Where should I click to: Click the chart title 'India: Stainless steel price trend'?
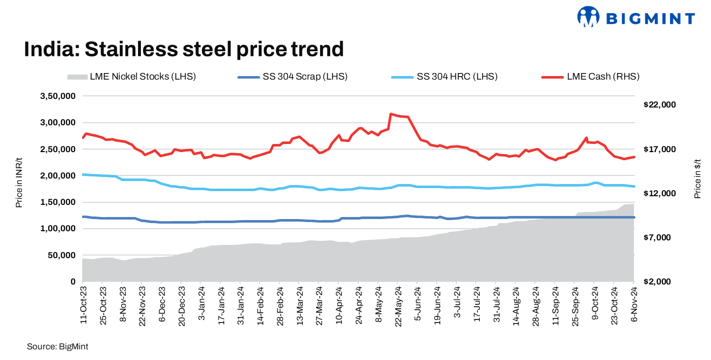tap(184, 49)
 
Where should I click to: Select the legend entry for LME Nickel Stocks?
tap(131, 77)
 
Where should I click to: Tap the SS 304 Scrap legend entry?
tap(292, 77)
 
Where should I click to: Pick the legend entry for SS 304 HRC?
tap(444, 77)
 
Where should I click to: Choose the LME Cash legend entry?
tap(590, 77)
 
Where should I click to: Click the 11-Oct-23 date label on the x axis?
tap(83, 304)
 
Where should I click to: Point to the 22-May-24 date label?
tap(398, 304)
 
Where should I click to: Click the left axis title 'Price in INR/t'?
tap(19, 188)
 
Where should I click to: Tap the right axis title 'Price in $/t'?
tap(697, 177)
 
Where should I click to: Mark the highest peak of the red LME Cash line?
tap(390, 114)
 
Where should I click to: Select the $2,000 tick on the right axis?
tap(658, 281)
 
